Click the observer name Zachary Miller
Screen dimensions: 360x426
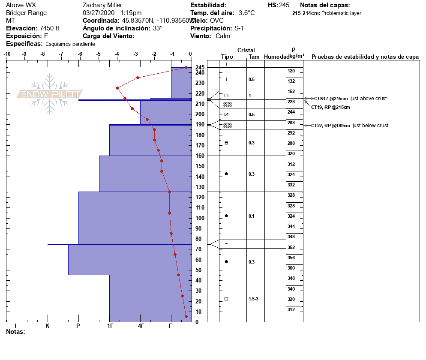point(102,5)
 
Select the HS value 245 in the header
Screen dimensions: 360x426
point(284,5)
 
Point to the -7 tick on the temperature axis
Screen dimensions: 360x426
point(61,54)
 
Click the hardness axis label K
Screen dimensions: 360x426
point(48,326)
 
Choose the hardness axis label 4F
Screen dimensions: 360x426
point(141,326)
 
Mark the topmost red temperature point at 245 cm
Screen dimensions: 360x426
point(186,67)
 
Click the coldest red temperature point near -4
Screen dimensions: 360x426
point(117,88)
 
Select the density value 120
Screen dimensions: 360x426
point(291,71)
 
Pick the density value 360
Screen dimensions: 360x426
point(291,268)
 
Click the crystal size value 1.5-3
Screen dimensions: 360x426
point(254,299)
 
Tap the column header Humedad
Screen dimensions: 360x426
point(275,57)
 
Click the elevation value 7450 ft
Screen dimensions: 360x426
point(49,28)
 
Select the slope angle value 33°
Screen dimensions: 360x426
point(158,28)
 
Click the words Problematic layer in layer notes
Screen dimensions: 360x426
point(341,13)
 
